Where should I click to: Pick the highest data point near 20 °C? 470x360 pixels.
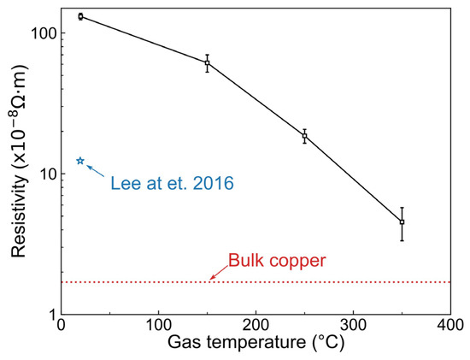click(x=80, y=16)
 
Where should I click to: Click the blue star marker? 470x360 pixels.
click(x=80, y=161)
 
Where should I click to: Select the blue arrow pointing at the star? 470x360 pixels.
click(x=96, y=170)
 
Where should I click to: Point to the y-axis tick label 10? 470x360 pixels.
click(x=46, y=174)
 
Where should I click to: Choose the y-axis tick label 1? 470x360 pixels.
click(x=50, y=314)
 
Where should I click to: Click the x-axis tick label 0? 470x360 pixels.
click(x=61, y=326)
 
